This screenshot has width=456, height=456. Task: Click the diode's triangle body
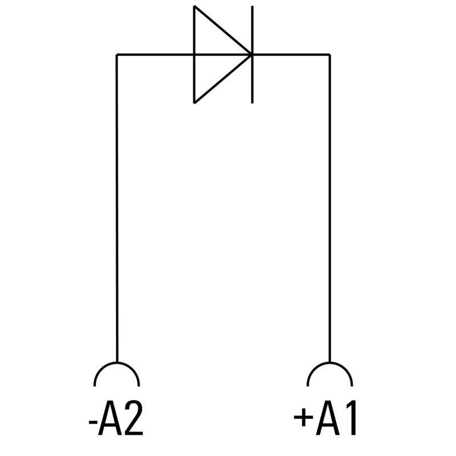tap(214, 55)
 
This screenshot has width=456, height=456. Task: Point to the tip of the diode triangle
tap(251, 55)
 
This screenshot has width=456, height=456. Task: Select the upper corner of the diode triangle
tap(195, 7)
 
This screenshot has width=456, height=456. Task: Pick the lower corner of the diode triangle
tap(195, 103)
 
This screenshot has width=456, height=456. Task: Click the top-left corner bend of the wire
tap(116, 55)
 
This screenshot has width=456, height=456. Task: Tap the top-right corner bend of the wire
tap(329, 55)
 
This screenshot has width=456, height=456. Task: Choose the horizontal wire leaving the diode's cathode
tap(291, 55)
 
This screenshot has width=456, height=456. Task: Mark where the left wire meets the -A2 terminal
tap(116, 363)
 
